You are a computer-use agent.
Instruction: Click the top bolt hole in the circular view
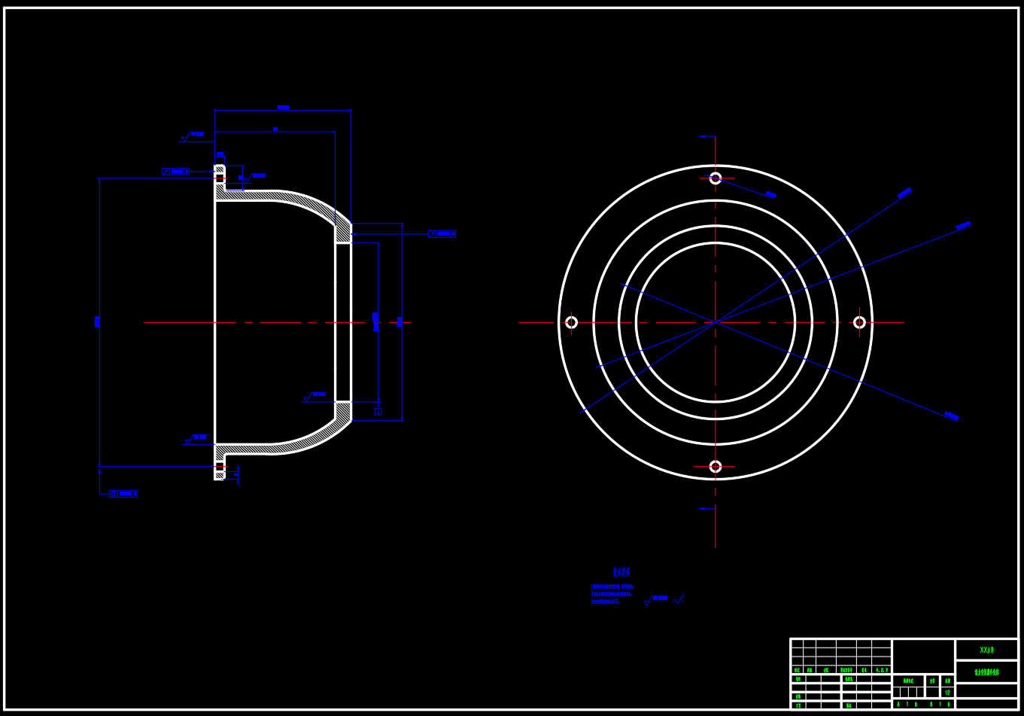click(x=715, y=178)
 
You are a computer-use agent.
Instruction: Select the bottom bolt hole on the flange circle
click(x=715, y=466)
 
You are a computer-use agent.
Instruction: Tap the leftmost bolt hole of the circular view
click(x=571, y=322)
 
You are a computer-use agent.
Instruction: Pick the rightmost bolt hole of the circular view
click(x=859, y=322)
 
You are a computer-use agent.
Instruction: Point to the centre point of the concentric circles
click(x=715, y=322)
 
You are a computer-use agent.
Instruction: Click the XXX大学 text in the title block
click(x=986, y=650)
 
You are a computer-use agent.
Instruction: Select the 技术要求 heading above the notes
click(x=621, y=572)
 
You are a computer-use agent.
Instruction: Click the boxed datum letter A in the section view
click(x=378, y=411)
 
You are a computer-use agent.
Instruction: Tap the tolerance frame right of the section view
click(x=442, y=233)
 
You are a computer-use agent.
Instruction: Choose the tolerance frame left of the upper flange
click(x=175, y=171)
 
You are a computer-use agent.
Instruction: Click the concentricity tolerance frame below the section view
click(x=124, y=494)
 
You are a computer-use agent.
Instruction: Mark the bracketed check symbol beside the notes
click(x=679, y=599)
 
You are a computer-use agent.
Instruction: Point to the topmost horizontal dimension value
click(x=283, y=108)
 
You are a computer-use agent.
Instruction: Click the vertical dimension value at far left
click(x=97, y=321)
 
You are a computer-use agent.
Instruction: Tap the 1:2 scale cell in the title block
click(x=947, y=692)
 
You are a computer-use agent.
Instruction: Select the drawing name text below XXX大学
click(x=986, y=672)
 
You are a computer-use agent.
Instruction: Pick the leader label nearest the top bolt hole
click(x=770, y=194)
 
